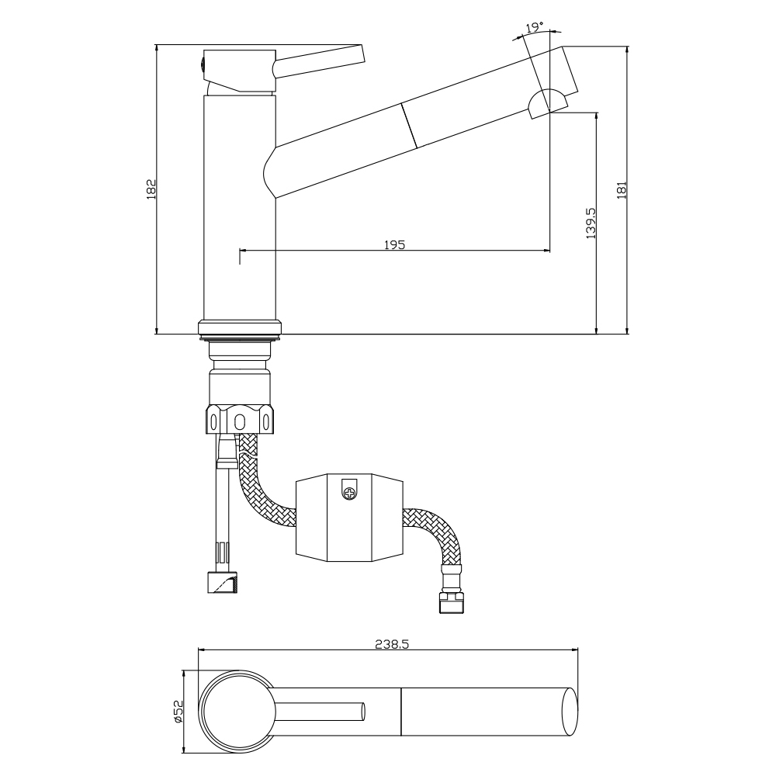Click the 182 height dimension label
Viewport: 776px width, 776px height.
click(151, 189)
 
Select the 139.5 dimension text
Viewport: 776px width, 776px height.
click(591, 222)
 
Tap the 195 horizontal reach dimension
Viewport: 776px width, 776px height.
click(394, 244)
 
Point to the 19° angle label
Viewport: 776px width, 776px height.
click(533, 28)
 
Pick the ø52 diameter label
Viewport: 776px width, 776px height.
click(177, 711)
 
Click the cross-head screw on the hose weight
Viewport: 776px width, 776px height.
click(350, 490)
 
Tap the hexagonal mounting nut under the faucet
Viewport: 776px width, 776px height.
click(239, 420)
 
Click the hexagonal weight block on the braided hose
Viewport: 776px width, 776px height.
click(349, 516)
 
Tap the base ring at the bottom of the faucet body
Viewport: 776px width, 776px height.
click(239, 327)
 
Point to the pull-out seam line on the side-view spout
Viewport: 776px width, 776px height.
click(409, 123)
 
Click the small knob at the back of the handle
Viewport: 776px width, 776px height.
click(203, 65)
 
